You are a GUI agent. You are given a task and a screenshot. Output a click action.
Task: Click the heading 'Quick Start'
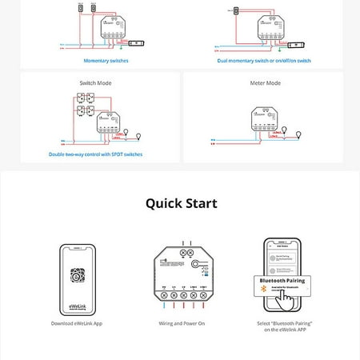181,203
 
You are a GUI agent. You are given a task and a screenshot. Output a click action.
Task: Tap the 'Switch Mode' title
96,82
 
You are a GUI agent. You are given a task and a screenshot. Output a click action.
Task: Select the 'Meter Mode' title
262,82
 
